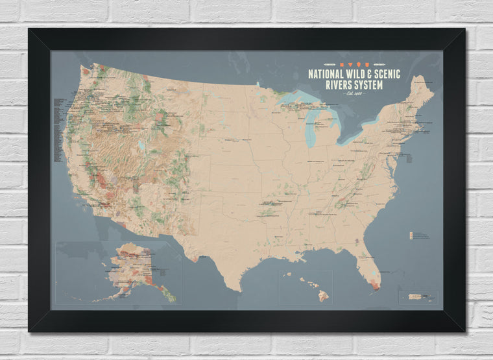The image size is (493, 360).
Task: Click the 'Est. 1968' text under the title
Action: [x=356, y=94]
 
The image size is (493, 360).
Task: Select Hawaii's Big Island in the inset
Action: [x=323, y=296]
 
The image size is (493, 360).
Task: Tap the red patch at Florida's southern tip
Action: [x=375, y=284]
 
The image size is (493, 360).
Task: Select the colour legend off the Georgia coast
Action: [x=411, y=234]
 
